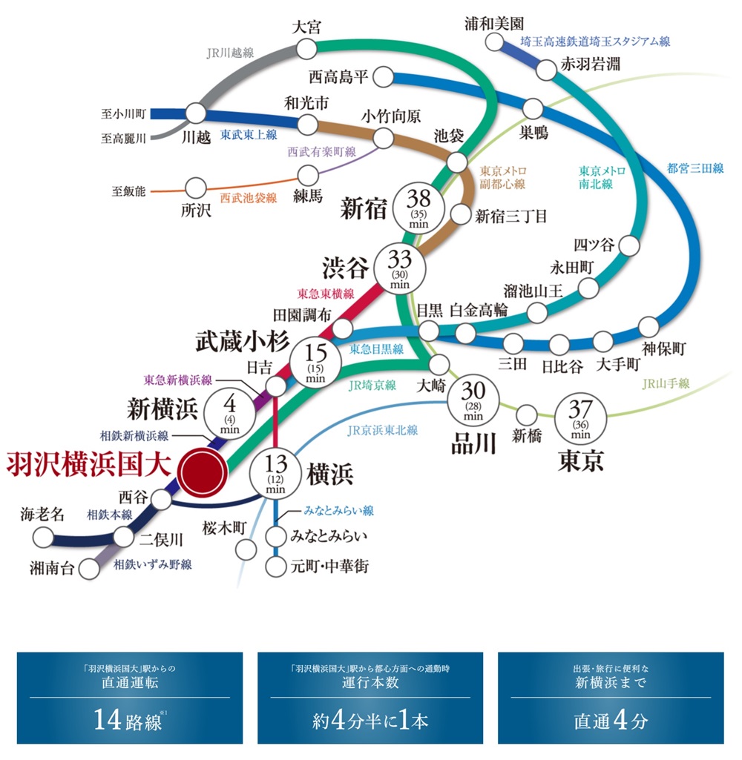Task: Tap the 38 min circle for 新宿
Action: [419, 205]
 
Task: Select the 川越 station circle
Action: [195, 113]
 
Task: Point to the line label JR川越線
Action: [230, 53]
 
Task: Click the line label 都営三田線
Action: [695, 168]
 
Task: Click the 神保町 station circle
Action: [649, 326]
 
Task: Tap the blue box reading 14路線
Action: [129, 697]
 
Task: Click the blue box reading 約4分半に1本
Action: [370, 697]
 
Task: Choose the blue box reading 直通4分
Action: [611, 697]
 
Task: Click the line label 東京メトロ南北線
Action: [602, 176]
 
